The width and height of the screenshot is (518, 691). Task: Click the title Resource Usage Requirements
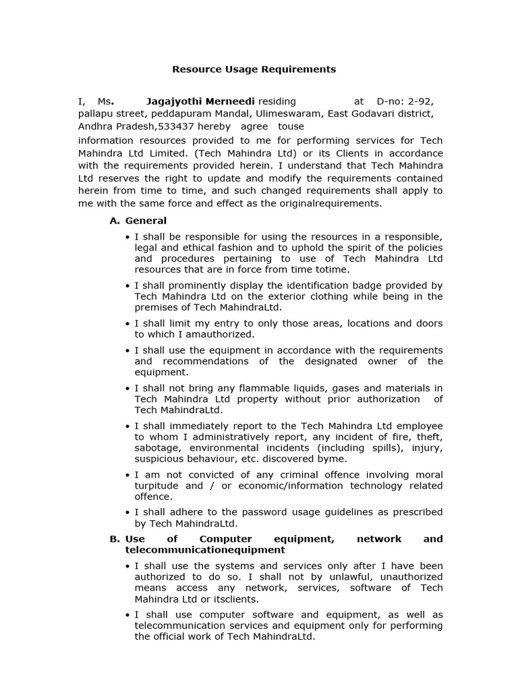[254, 69]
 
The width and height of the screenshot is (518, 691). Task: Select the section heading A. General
[138, 221]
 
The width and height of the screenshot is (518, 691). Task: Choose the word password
[265, 512]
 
